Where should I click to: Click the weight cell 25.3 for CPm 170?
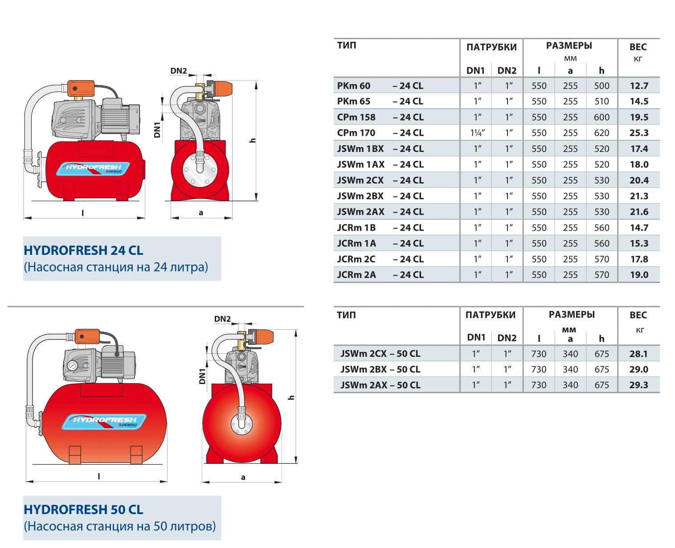point(638,133)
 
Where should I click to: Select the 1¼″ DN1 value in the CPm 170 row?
point(478,133)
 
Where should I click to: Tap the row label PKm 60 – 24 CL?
point(380,86)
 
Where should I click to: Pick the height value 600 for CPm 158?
point(601,117)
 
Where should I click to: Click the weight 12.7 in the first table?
point(638,86)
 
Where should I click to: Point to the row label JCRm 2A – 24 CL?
point(380,275)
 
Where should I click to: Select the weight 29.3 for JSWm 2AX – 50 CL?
point(638,385)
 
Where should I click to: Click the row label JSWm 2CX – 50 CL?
point(380,354)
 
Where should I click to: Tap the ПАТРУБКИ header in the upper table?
point(491,47)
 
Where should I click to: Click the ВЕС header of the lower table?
point(638,315)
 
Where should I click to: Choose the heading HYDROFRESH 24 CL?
point(83,250)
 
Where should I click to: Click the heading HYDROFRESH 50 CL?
point(83,509)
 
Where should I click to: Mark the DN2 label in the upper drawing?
point(178,71)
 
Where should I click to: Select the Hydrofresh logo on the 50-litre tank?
point(104,421)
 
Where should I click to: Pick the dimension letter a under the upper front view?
point(200,213)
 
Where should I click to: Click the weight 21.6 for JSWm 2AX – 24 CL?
point(638,212)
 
